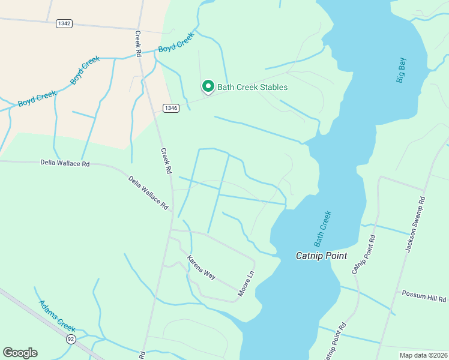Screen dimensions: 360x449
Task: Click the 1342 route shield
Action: tap(64, 23)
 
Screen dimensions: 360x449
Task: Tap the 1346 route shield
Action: tap(171, 108)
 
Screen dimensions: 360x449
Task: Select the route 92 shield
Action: tap(71, 339)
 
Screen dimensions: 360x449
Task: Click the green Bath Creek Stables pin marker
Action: tap(208, 87)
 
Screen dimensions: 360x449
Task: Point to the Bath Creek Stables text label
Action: tap(252, 87)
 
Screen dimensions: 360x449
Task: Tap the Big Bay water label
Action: tap(402, 70)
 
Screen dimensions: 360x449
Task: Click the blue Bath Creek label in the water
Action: tap(322, 227)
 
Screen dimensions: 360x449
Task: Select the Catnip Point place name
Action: tap(322, 256)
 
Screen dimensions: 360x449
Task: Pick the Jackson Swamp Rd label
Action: tap(415, 223)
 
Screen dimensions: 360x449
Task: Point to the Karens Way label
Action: tap(201, 268)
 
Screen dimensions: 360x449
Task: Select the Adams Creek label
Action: tap(57, 316)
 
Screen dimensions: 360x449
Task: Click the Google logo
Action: tap(20, 353)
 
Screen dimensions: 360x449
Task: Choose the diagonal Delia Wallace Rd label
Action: tap(148, 192)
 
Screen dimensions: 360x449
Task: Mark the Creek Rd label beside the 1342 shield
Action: tap(137, 44)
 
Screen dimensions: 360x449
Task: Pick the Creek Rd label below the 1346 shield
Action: tap(166, 161)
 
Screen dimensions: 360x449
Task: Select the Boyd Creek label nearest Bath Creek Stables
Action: tap(176, 43)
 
